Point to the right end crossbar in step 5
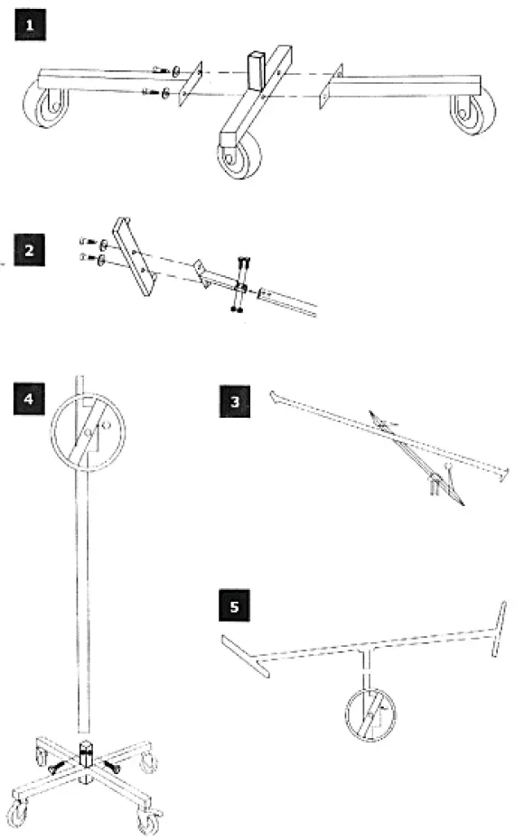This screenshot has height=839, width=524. click(500, 628)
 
